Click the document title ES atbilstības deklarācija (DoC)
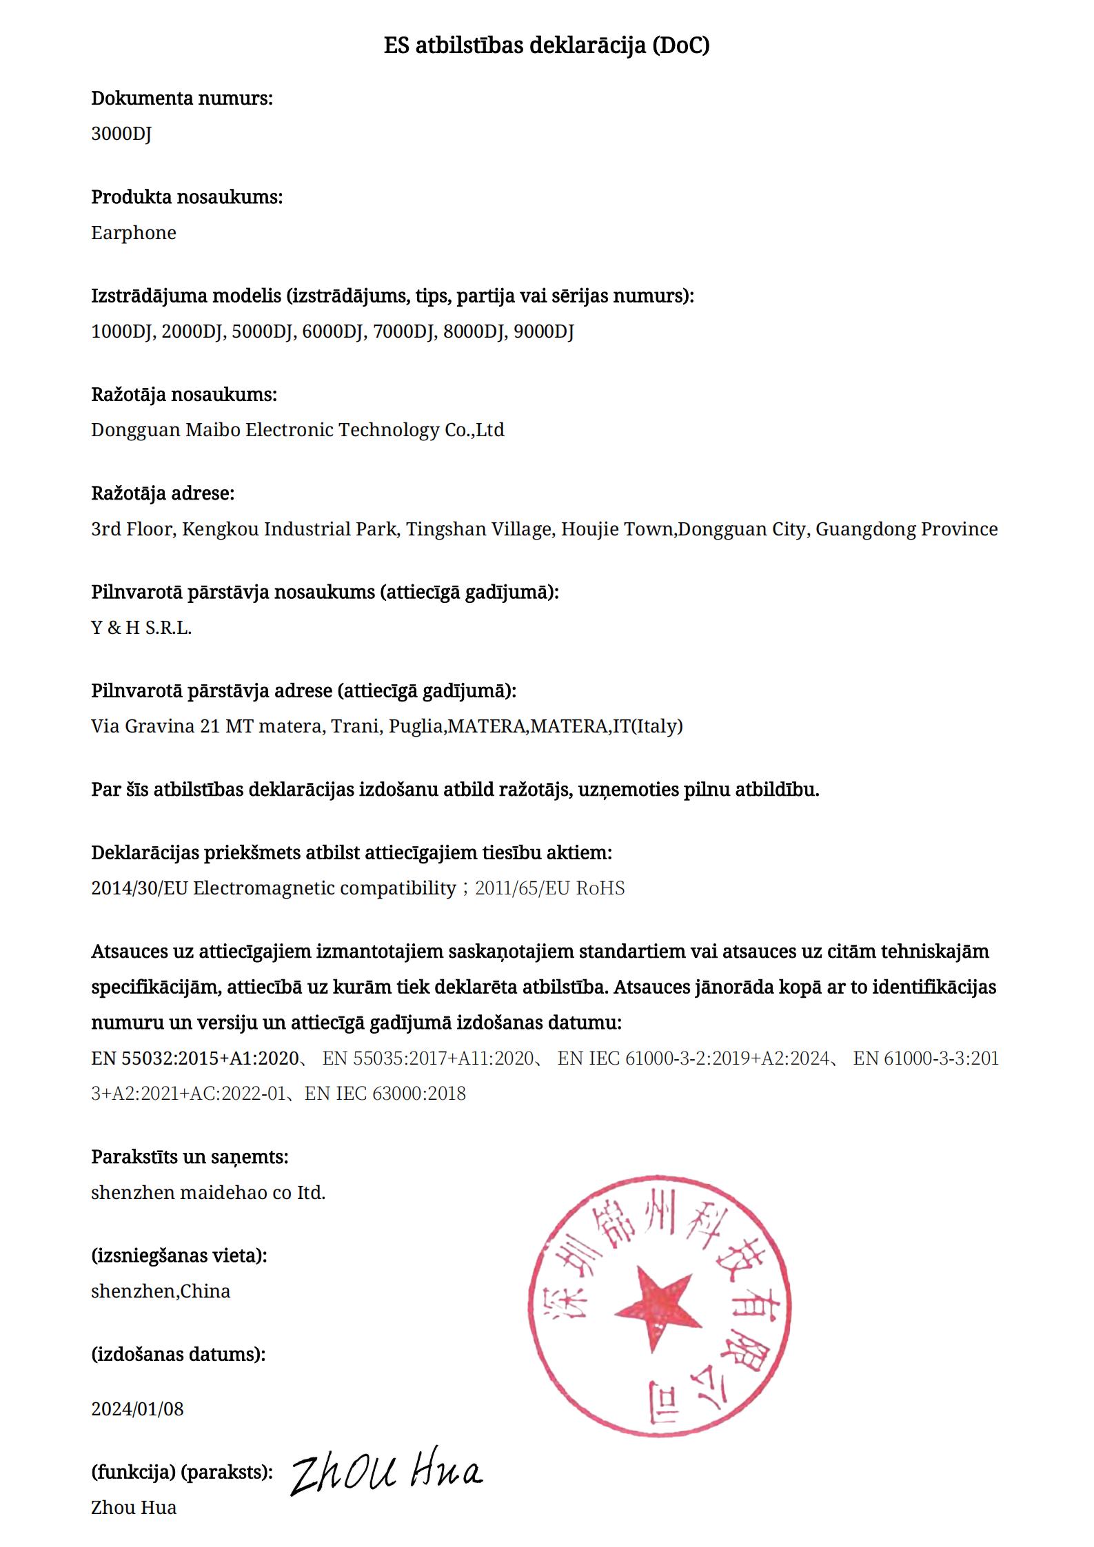pos(547,45)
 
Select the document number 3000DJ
pos(121,134)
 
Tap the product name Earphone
pos(134,233)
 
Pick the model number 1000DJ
pos(121,331)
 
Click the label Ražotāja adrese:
pos(163,493)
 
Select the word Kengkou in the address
pos(220,529)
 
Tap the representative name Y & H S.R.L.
pos(141,628)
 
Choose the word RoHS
pos(600,888)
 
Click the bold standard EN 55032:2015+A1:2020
pos(195,1058)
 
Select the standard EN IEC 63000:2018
pos(385,1094)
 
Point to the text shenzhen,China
pos(161,1291)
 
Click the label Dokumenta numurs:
pos(182,99)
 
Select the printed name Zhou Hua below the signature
pos(134,1507)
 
